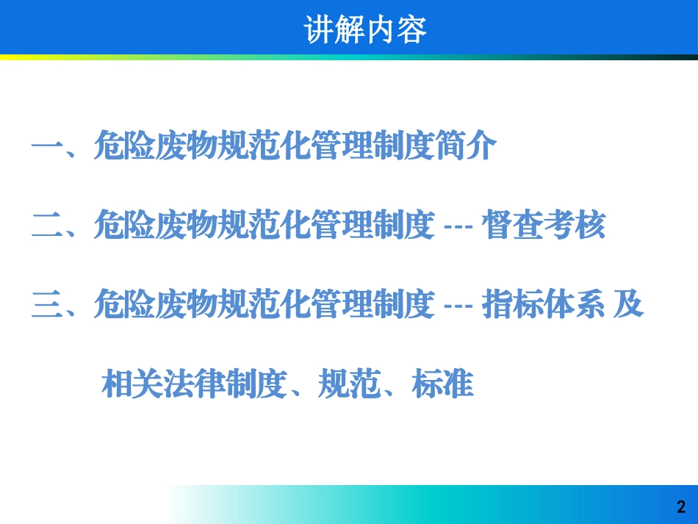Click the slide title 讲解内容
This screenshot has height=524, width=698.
click(x=365, y=30)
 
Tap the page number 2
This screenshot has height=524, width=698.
click(x=680, y=507)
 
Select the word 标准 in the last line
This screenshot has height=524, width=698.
click(x=443, y=384)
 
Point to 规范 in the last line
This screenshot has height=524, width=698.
click(x=349, y=384)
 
